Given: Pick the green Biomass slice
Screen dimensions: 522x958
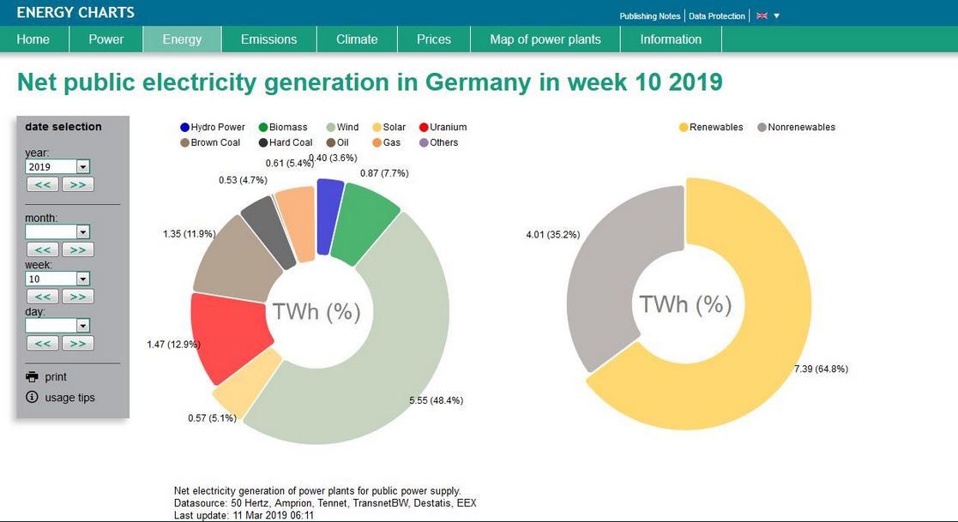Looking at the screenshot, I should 366,225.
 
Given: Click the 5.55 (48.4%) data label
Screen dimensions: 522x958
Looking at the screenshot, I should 437,400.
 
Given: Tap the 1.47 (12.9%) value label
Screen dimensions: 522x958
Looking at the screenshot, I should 173,344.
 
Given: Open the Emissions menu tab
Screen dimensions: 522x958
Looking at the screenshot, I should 268,39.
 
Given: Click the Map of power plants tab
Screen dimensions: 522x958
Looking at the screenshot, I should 545,39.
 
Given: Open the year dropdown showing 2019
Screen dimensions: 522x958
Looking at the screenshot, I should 57,167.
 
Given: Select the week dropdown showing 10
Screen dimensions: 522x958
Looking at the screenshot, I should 57,279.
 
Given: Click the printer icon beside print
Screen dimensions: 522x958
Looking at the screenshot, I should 33,377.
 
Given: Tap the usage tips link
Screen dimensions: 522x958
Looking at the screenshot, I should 69,398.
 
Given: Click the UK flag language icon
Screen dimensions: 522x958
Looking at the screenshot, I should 762,16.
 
